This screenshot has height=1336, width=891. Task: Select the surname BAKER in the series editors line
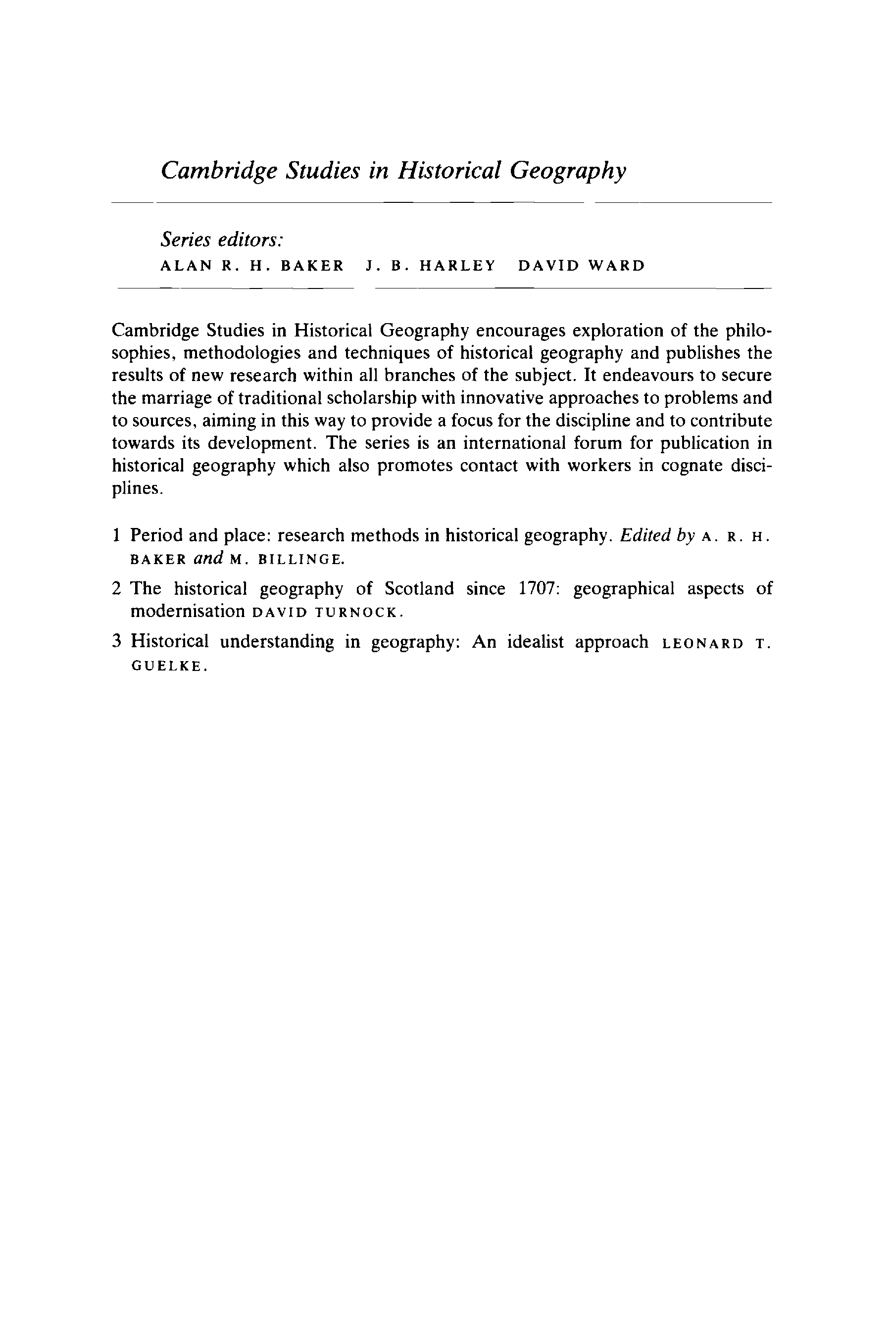click(x=312, y=266)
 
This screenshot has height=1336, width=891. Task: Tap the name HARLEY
click(x=457, y=266)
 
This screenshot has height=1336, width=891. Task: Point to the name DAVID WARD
click(x=582, y=266)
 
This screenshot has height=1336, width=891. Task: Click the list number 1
click(x=116, y=535)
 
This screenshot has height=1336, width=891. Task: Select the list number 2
click(x=116, y=588)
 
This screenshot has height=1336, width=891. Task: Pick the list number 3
click(x=116, y=642)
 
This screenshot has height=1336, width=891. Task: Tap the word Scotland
click(x=419, y=588)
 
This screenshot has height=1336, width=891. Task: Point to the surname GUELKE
click(x=168, y=667)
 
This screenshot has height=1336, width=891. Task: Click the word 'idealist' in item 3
click(x=535, y=642)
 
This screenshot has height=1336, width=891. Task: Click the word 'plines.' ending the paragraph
click(x=138, y=488)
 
